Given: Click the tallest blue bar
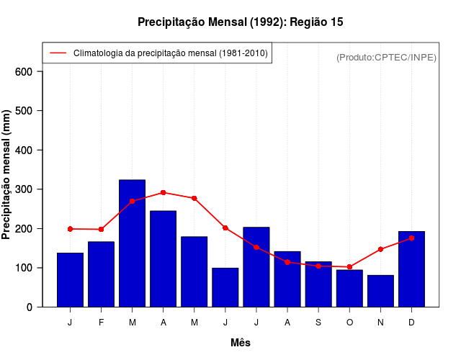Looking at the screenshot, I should point(132,243).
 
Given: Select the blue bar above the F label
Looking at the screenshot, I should point(101,274).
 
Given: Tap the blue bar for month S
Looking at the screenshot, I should point(318,284).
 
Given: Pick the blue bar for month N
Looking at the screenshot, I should point(380,291).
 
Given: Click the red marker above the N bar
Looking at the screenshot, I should point(380,249).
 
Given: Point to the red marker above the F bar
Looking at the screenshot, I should point(101,229).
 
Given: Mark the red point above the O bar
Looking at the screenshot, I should point(349,267).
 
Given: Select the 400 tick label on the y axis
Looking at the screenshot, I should point(24,150).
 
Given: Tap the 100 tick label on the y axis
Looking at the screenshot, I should point(24,268).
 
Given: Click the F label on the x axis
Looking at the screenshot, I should point(101,323).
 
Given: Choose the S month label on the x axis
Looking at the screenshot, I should point(318,323).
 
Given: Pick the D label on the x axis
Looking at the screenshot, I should point(411,323).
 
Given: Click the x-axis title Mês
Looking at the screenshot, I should point(241,343).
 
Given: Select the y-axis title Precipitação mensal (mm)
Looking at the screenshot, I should point(7,175).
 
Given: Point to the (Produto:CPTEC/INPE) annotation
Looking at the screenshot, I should point(386,57).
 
